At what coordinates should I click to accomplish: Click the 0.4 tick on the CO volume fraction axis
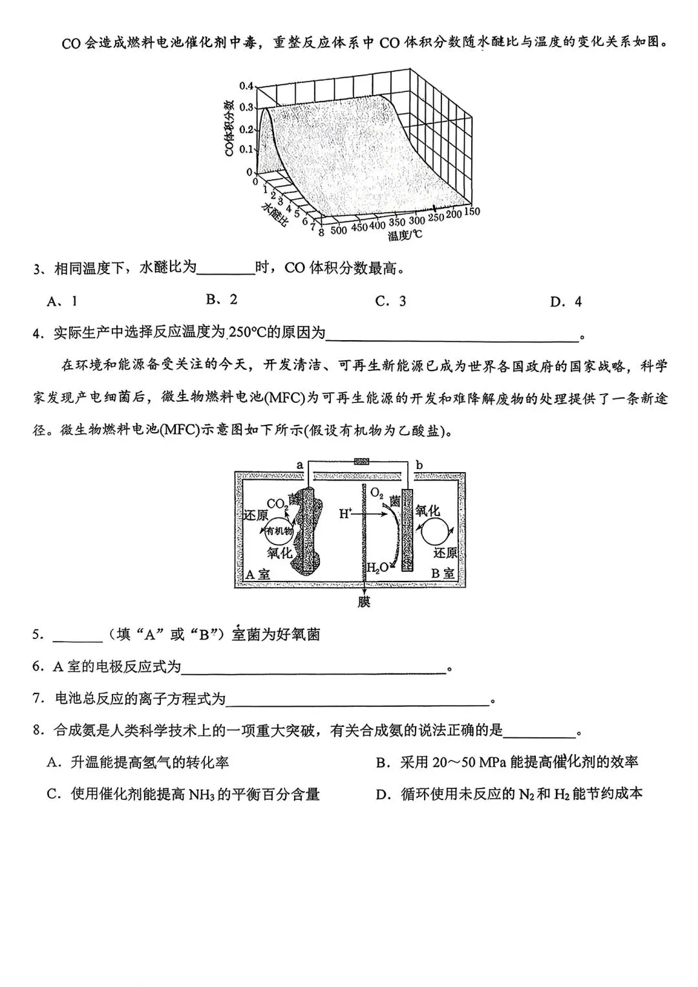click(x=246, y=86)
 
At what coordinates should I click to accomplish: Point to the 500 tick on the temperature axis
click(x=339, y=230)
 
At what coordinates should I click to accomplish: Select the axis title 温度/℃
click(x=405, y=235)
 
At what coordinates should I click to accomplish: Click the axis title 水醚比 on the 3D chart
click(x=275, y=215)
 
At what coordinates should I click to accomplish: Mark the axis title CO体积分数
click(x=228, y=129)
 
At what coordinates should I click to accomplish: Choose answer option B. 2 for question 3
click(x=222, y=299)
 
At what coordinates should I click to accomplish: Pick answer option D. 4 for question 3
click(x=566, y=301)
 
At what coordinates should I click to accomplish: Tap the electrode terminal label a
click(x=299, y=464)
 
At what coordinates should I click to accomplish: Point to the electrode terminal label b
click(x=419, y=464)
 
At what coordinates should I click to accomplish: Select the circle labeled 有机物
click(x=279, y=531)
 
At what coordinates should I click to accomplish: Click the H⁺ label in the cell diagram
click(x=346, y=514)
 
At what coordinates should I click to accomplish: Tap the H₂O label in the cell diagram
click(x=377, y=568)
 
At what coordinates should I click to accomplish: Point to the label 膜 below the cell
click(x=365, y=602)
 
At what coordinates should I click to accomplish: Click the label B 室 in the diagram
click(x=443, y=573)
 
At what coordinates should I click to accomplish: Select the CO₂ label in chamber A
click(x=277, y=504)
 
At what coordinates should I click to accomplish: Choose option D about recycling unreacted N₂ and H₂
click(x=509, y=794)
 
